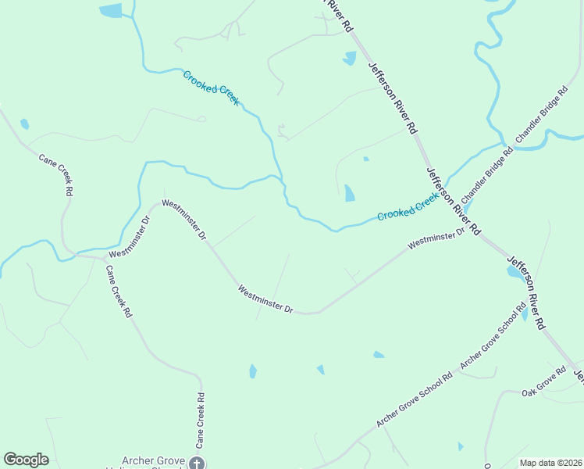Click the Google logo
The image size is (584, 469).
27,460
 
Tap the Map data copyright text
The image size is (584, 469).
551,463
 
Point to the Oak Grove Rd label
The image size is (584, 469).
544,381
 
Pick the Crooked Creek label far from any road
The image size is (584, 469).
211,88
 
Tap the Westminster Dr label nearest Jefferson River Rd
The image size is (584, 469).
436,238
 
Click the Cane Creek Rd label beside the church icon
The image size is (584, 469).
201,420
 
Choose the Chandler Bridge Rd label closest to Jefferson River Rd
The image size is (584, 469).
486,174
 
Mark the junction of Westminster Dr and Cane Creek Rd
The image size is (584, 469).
105,257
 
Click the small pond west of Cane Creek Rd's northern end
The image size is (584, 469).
25,124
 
